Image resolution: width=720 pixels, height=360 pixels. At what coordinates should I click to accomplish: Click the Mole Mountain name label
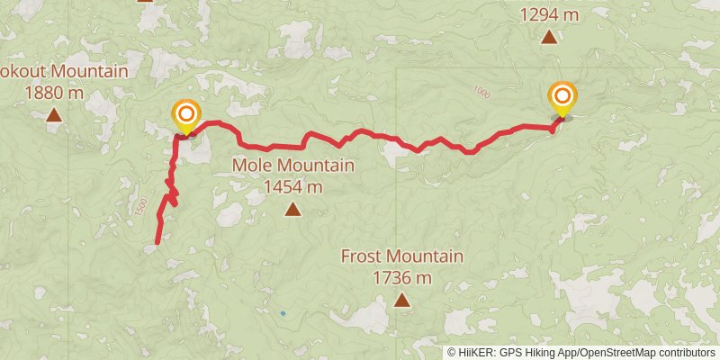point(292,166)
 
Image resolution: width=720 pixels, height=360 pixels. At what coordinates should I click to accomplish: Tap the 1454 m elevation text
point(292,187)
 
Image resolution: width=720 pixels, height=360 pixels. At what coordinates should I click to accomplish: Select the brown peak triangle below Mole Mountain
point(292,210)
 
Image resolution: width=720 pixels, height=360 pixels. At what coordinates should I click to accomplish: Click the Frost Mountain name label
point(401,256)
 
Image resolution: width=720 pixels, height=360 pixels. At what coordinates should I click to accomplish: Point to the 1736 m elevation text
point(401,278)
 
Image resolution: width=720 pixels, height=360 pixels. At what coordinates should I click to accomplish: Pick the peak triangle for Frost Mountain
point(401,301)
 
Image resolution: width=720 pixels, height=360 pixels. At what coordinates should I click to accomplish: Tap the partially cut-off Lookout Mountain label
point(63,71)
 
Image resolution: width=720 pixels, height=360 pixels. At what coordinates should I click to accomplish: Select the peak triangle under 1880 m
point(55,114)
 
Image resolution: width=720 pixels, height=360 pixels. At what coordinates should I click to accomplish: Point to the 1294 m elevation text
point(549,14)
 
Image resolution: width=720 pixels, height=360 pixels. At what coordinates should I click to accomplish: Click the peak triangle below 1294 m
point(548,37)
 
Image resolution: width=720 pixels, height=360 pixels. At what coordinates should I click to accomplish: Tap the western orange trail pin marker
point(186,115)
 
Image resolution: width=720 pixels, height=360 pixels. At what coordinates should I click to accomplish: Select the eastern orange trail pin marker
point(563,97)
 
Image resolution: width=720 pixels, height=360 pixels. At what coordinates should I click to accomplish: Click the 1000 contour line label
point(481,93)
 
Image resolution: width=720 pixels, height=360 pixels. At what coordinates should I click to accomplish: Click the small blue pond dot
point(283,313)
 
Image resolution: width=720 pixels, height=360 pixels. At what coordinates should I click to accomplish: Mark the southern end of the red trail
point(157,242)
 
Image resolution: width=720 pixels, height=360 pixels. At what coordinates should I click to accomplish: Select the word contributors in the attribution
point(685,353)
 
